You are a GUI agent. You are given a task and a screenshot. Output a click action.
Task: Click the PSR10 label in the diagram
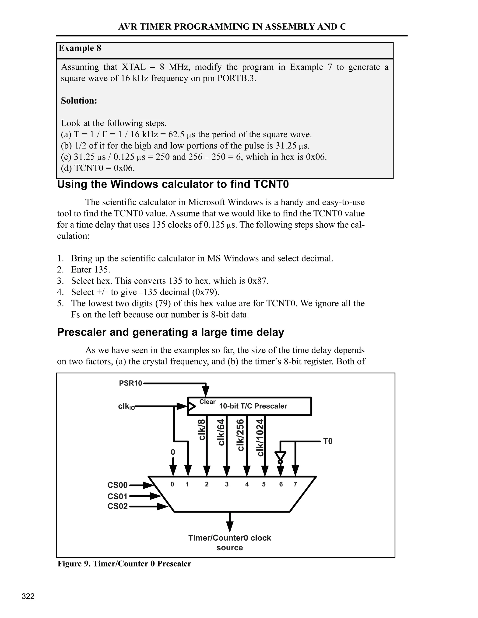(130, 383)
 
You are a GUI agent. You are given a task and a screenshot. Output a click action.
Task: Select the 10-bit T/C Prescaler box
(250, 406)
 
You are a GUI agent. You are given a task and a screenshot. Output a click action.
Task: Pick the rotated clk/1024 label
(260, 437)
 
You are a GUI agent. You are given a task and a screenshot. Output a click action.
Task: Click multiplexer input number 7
(295, 484)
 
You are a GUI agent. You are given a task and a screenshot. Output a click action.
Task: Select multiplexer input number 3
(227, 484)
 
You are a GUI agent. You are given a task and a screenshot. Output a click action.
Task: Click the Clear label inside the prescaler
(207, 402)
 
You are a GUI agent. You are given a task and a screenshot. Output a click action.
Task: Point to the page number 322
(28, 596)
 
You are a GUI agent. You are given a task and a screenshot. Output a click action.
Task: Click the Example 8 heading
(80, 48)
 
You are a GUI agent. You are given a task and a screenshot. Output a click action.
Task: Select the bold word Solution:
(79, 101)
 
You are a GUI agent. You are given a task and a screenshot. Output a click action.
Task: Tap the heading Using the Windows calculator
(173, 184)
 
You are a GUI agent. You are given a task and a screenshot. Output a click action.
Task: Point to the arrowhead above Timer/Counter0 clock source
(230, 527)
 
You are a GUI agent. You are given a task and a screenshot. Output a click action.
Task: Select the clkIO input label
(126, 407)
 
